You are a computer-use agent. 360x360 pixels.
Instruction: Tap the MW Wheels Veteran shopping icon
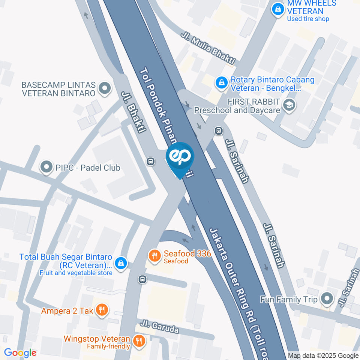[277, 10]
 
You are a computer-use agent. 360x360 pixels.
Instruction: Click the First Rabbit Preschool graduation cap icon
[289, 106]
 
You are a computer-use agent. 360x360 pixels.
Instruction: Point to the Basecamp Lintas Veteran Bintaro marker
[104, 89]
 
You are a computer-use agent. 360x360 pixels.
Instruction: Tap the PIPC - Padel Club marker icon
[46, 167]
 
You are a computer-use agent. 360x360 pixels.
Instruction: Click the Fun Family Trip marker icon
[327, 299]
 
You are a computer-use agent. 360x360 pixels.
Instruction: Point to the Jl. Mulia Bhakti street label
[208, 49]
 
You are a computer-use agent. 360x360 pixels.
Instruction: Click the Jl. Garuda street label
[159, 327]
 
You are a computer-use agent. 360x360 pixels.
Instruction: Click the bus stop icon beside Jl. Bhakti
[150, 161]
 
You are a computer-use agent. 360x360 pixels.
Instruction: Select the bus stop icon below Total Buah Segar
[142, 279]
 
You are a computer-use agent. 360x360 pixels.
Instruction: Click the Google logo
[20, 353]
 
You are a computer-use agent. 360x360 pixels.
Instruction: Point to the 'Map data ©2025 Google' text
[323, 355]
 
